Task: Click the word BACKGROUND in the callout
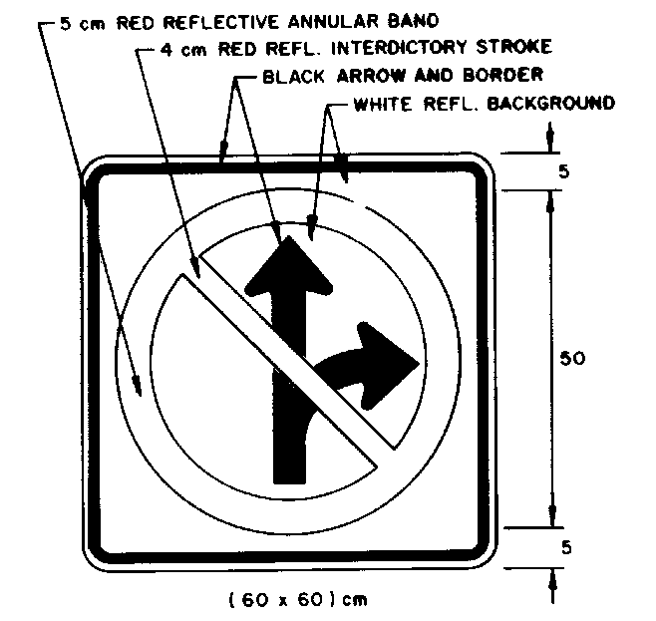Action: click(554, 103)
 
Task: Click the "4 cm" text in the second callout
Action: click(180, 47)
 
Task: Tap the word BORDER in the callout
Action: click(508, 75)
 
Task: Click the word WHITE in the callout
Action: click(379, 103)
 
